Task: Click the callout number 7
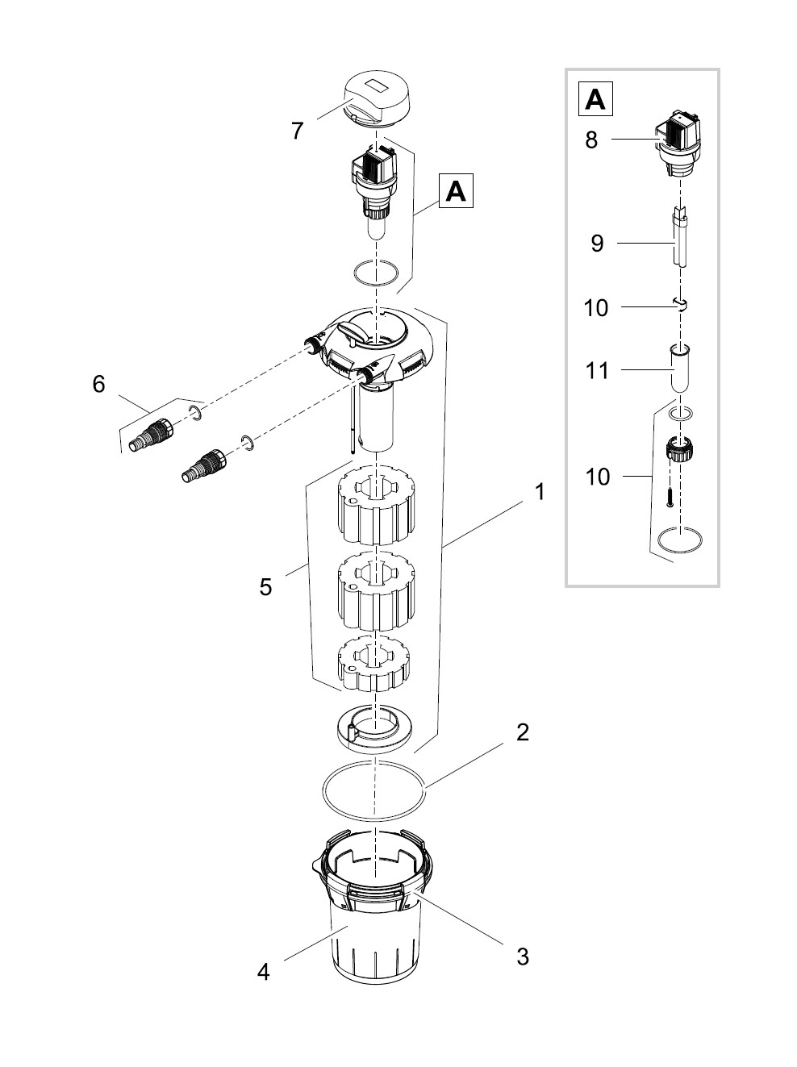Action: click(x=298, y=131)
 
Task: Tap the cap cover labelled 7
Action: click(x=375, y=98)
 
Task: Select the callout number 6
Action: click(x=98, y=385)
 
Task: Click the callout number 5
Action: click(x=265, y=586)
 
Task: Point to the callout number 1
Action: click(x=539, y=492)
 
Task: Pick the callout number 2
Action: click(x=523, y=732)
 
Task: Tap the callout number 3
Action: click(x=523, y=957)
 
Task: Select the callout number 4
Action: click(x=263, y=973)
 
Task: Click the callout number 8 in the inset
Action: click(x=591, y=140)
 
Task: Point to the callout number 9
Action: click(x=597, y=243)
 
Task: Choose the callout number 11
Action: click(x=597, y=371)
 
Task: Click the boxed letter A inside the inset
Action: click(x=595, y=99)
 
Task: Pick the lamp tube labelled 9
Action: click(x=679, y=242)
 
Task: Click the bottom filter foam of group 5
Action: click(x=373, y=663)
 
